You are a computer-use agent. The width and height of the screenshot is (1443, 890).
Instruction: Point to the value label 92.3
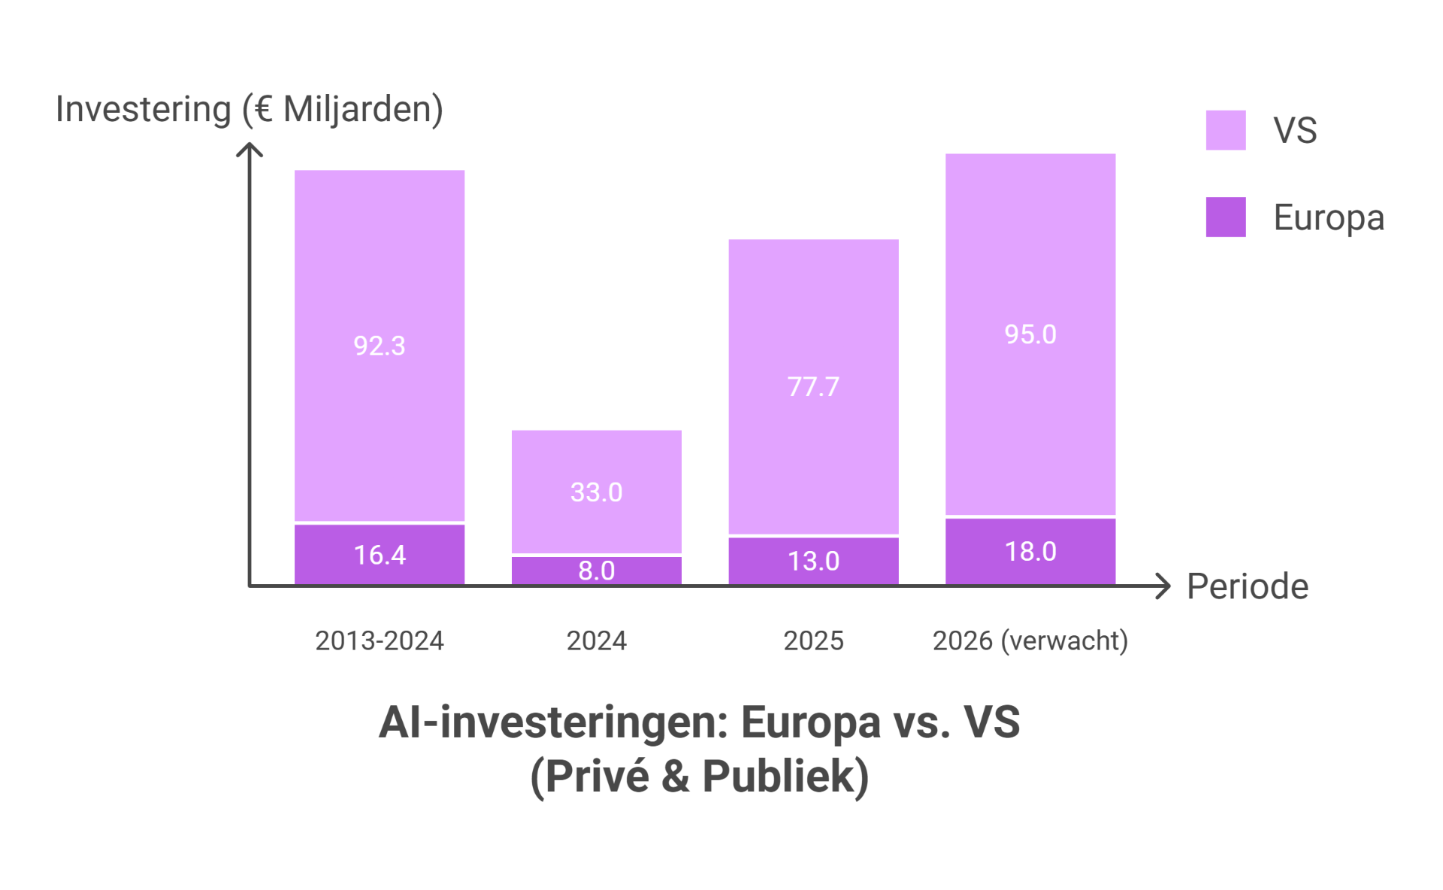pos(380,346)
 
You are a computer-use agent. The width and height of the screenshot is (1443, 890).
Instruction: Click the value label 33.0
pos(596,492)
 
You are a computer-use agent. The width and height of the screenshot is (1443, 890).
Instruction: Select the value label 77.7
pos(813,387)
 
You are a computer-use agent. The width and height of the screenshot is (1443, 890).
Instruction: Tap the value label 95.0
pos(1030,335)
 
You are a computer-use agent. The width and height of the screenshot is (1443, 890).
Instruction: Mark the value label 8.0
pos(596,571)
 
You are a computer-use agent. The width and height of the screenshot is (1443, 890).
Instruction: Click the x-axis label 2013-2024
pos(380,640)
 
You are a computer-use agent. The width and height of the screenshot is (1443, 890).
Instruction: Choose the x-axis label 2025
pos(813,640)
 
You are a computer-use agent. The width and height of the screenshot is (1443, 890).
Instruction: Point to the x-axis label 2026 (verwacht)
pos(1030,640)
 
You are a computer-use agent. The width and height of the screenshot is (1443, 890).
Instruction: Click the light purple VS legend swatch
pos(1226,130)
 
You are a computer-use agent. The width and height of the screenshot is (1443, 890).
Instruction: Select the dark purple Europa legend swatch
pos(1226,217)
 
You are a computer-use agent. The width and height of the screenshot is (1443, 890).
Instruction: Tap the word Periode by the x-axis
pos(1248,586)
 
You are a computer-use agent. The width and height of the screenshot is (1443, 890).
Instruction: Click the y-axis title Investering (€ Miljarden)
pos(250,110)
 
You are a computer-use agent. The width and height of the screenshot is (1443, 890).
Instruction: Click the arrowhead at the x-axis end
pos(1165,586)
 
